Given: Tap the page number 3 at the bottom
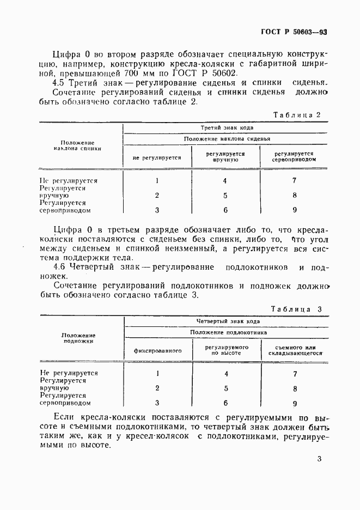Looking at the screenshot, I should click(320, 459).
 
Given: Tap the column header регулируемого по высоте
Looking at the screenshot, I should click(227, 350).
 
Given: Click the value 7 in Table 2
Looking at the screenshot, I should click(294, 180).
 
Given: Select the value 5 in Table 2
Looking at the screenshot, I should click(225, 195).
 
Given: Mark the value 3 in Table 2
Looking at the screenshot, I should click(157, 210).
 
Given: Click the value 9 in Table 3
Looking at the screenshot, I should click(295, 404).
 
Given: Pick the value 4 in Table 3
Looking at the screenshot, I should click(226, 374).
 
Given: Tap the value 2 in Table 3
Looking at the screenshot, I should click(157, 388).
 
